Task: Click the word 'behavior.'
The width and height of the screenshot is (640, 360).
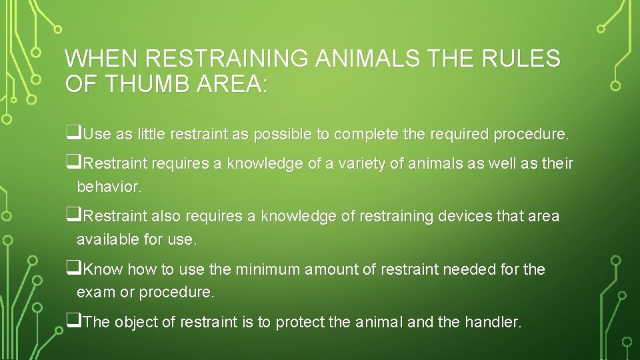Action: [109, 187]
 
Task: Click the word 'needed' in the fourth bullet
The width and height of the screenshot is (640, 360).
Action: [469, 270]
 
